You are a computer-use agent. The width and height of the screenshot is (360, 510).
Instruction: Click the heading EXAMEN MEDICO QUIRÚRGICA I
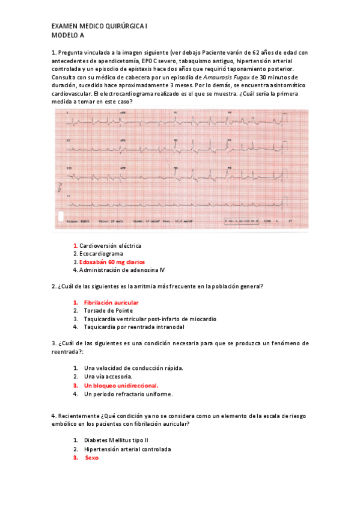pyautogui.click(x=99, y=27)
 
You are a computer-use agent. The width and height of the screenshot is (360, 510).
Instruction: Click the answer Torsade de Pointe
pyautogui.click(x=108, y=310)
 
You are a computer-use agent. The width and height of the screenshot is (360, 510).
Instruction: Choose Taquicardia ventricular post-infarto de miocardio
pyautogui.click(x=150, y=319)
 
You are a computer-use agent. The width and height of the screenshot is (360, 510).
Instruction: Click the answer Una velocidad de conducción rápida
pyautogui.click(x=133, y=367)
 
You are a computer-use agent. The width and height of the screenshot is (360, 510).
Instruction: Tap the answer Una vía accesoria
pyautogui.click(x=108, y=376)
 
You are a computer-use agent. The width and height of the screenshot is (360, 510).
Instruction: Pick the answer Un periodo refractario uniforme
pyautogui.click(x=129, y=394)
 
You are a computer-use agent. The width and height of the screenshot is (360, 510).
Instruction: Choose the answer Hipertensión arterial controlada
pyautogui.click(x=127, y=449)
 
